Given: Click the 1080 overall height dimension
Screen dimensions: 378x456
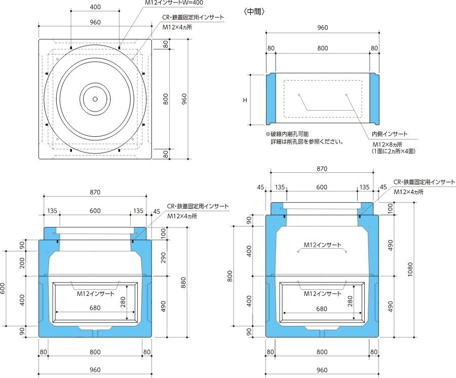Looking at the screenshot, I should [x=410, y=270].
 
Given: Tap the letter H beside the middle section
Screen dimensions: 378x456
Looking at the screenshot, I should [x=245, y=100].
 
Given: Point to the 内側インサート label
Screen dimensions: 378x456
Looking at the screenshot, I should [x=390, y=134].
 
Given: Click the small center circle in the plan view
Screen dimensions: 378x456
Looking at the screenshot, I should [x=95, y=99].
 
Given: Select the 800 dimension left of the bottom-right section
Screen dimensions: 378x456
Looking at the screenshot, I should [x=230, y=276].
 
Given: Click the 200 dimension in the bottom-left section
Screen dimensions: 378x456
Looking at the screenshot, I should [x=22, y=263].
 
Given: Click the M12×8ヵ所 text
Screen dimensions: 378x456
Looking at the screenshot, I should [x=386, y=144].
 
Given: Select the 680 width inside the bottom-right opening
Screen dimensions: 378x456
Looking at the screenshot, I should [x=321, y=308].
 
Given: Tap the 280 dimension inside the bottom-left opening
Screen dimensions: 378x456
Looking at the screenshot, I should [x=123, y=303].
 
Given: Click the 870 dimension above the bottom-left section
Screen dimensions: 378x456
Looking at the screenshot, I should [x=95, y=192].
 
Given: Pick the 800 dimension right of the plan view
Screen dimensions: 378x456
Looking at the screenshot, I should [x=165, y=99].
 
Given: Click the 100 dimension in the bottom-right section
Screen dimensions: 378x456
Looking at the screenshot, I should [x=390, y=208].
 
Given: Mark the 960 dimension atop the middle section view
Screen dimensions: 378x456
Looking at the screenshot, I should [x=322, y=28].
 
